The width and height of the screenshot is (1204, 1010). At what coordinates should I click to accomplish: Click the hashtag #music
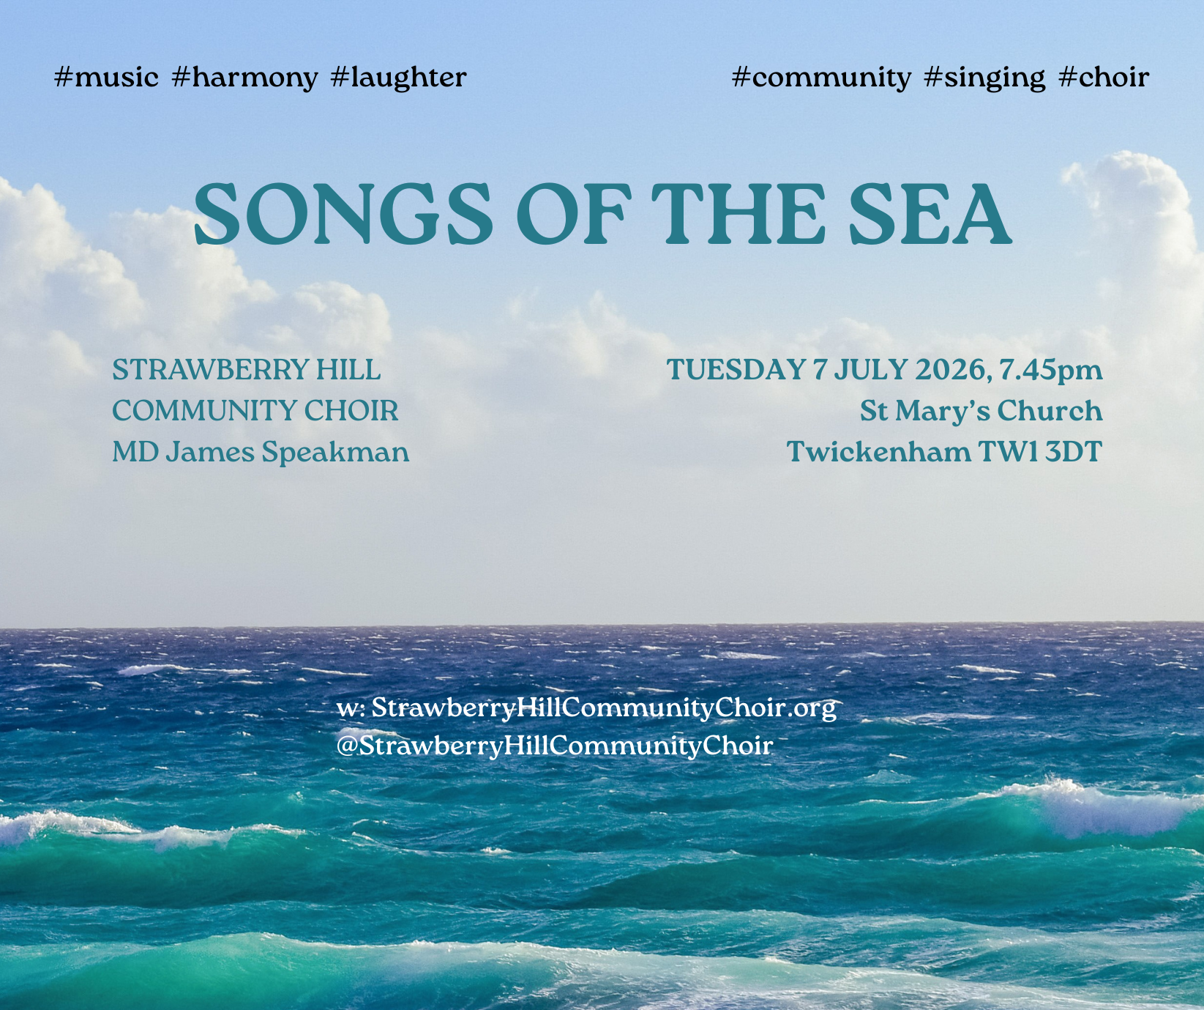[107, 77]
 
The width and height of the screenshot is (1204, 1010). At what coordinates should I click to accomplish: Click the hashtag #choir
[1104, 77]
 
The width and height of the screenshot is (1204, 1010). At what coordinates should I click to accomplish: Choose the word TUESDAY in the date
[736, 370]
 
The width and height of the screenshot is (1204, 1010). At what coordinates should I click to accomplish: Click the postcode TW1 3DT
[1040, 452]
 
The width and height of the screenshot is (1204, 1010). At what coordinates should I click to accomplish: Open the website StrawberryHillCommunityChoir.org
[604, 708]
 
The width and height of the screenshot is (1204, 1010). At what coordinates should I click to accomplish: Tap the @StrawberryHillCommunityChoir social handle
[555, 746]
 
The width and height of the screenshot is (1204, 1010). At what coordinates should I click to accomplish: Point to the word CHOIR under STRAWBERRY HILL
[351, 411]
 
